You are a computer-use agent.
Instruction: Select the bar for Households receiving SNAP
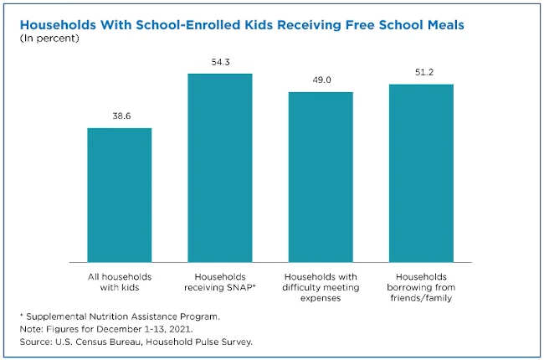click(219, 167)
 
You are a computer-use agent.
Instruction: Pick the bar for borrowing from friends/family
click(421, 172)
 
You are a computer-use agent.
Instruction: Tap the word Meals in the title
click(443, 25)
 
